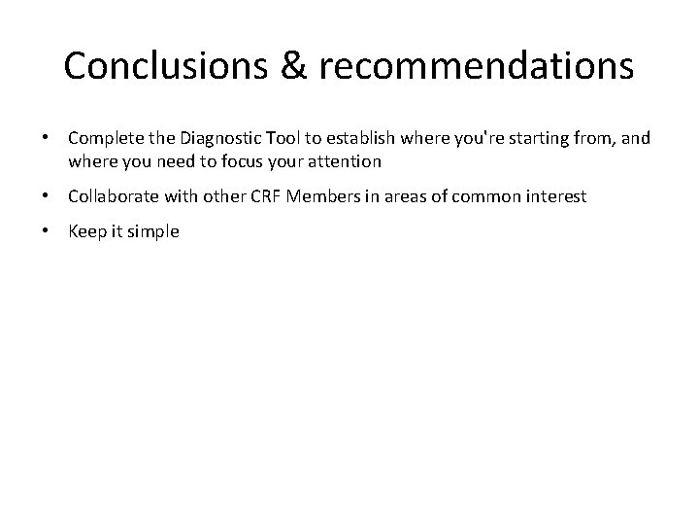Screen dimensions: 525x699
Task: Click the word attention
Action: (x=345, y=159)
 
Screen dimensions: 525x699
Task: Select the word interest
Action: (x=555, y=196)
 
